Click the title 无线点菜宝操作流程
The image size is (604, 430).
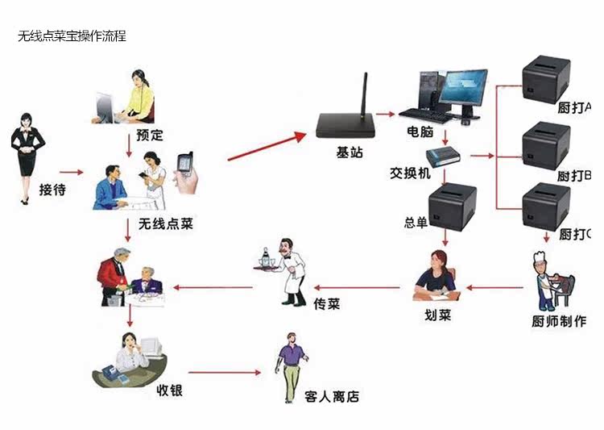72,36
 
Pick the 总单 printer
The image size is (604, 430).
453,206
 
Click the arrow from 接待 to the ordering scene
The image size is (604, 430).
72,172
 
